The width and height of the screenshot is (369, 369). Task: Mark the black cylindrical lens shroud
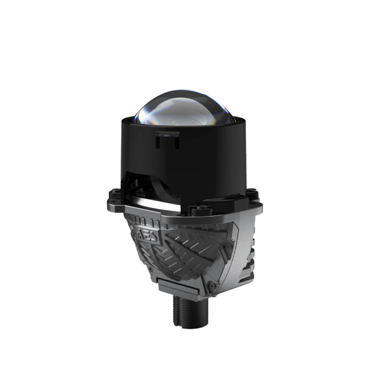(184, 154)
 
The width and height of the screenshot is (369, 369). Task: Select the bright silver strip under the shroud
(154, 204)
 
